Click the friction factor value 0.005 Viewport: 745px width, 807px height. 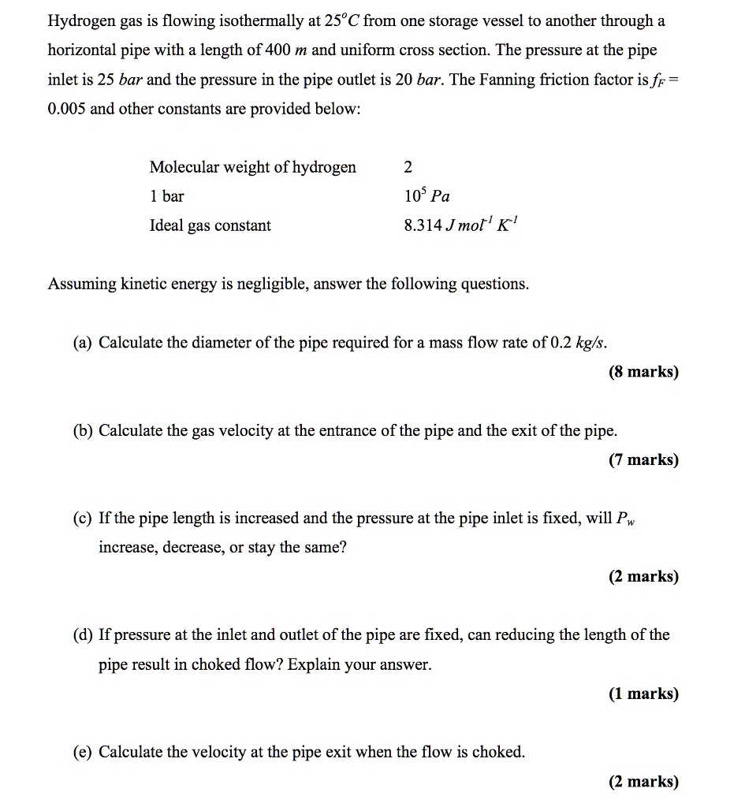66,109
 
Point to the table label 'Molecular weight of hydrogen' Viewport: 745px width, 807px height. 252,167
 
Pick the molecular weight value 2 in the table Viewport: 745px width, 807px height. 408,167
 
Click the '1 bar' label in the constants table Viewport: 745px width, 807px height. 166,196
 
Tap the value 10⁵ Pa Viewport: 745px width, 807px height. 426,195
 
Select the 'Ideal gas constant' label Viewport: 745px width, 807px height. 210,225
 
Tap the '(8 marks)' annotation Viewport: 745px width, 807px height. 643,372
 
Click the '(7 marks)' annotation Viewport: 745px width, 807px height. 643,460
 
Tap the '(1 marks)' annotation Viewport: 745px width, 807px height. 643,694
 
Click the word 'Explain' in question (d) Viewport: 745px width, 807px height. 314,664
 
